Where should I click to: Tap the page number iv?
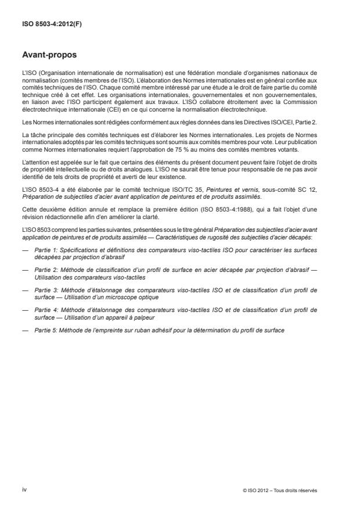coord(24,490)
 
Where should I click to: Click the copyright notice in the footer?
coord(280,490)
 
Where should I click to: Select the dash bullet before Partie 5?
coord(24,314)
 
